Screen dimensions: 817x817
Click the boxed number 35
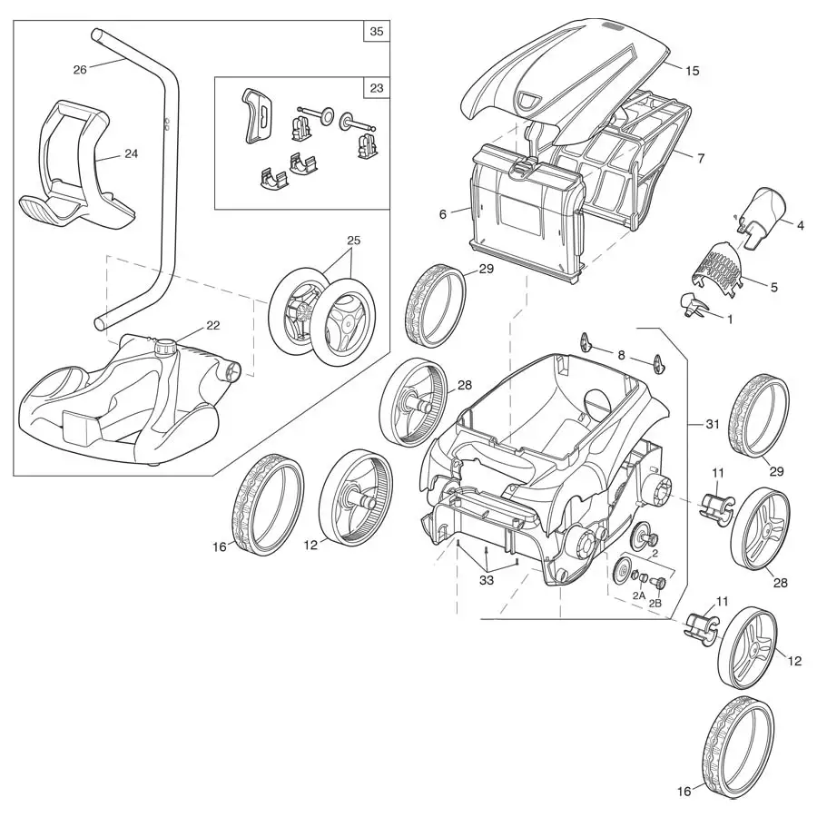(x=376, y=31)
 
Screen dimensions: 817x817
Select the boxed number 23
(x=376, y=89)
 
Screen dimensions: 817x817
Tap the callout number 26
(x=80, y=70)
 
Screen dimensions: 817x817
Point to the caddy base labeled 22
(x=127, y=399)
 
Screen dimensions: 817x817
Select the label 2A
(x=639, y=596)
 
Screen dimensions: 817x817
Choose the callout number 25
(x=353, y=241)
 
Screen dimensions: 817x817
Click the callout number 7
(x=700, y=158)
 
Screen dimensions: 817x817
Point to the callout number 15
(x=693, y=70)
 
